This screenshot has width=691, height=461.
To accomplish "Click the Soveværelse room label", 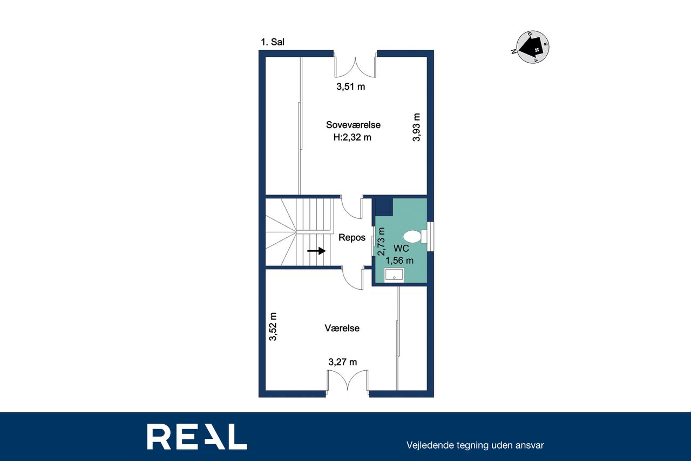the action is point(353,125).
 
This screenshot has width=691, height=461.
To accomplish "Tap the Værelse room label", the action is point(342,328).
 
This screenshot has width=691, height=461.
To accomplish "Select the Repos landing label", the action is point(352,237).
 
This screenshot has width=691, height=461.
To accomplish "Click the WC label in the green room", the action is point(401,248).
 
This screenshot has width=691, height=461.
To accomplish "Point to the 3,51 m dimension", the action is point(351,86).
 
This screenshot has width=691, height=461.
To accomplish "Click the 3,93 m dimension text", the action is point(416,127).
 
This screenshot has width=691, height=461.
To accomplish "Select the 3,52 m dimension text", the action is point(273,326).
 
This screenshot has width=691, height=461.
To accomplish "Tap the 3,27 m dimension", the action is point(343,362).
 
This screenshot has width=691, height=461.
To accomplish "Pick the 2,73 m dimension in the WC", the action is point(382,242).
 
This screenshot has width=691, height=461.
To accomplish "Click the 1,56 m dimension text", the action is point(399,260).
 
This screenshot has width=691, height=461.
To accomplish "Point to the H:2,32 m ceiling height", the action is point(353,137).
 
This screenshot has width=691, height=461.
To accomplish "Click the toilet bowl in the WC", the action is point(412,237).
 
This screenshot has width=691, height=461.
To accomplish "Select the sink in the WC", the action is point(394,275).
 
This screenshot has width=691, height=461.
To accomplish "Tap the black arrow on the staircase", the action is point(316,251).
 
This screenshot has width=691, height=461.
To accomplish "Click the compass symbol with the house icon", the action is point(533,47).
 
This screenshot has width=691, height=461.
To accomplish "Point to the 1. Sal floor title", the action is point(273,42).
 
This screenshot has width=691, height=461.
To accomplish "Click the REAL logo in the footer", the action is point(197,436).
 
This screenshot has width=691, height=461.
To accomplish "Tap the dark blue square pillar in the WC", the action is point(384,207).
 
